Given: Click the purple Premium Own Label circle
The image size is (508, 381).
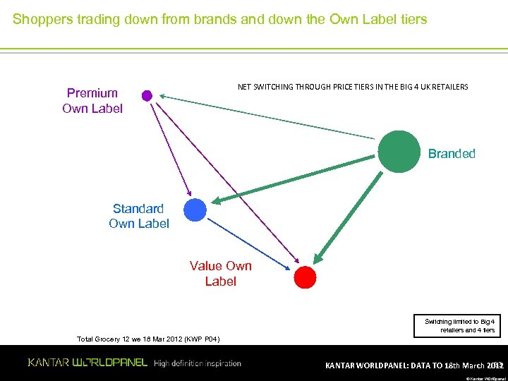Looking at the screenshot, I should click(x=147, y=95).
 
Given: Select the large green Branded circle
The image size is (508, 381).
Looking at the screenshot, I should click(x=399, y=152).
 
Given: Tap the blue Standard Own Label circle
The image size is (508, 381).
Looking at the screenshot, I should click(x=195, y=210).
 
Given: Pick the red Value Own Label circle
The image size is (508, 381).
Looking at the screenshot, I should click(x=305, y=277).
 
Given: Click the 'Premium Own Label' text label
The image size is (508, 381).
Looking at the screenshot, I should click(x=92, y=101).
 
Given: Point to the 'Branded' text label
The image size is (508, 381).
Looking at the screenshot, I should click(x=452, y=154).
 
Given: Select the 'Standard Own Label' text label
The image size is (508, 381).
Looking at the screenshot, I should click(x=139, y=216).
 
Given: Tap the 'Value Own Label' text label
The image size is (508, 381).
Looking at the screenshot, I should click(x=220, y=273).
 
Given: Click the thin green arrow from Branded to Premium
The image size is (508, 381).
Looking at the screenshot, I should click(x=268, y=116).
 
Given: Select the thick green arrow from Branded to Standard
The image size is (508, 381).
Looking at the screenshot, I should click(x=296, y=179).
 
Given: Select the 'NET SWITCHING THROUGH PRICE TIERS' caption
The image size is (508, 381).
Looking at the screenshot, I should click(x=353, y=87).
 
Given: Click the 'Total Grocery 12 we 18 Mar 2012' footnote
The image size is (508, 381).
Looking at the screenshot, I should click(x=148, y=339).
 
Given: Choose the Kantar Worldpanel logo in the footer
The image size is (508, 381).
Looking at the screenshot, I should click(x=87, y=363).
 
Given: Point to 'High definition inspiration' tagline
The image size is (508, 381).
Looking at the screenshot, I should click(x=198, y=363).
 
